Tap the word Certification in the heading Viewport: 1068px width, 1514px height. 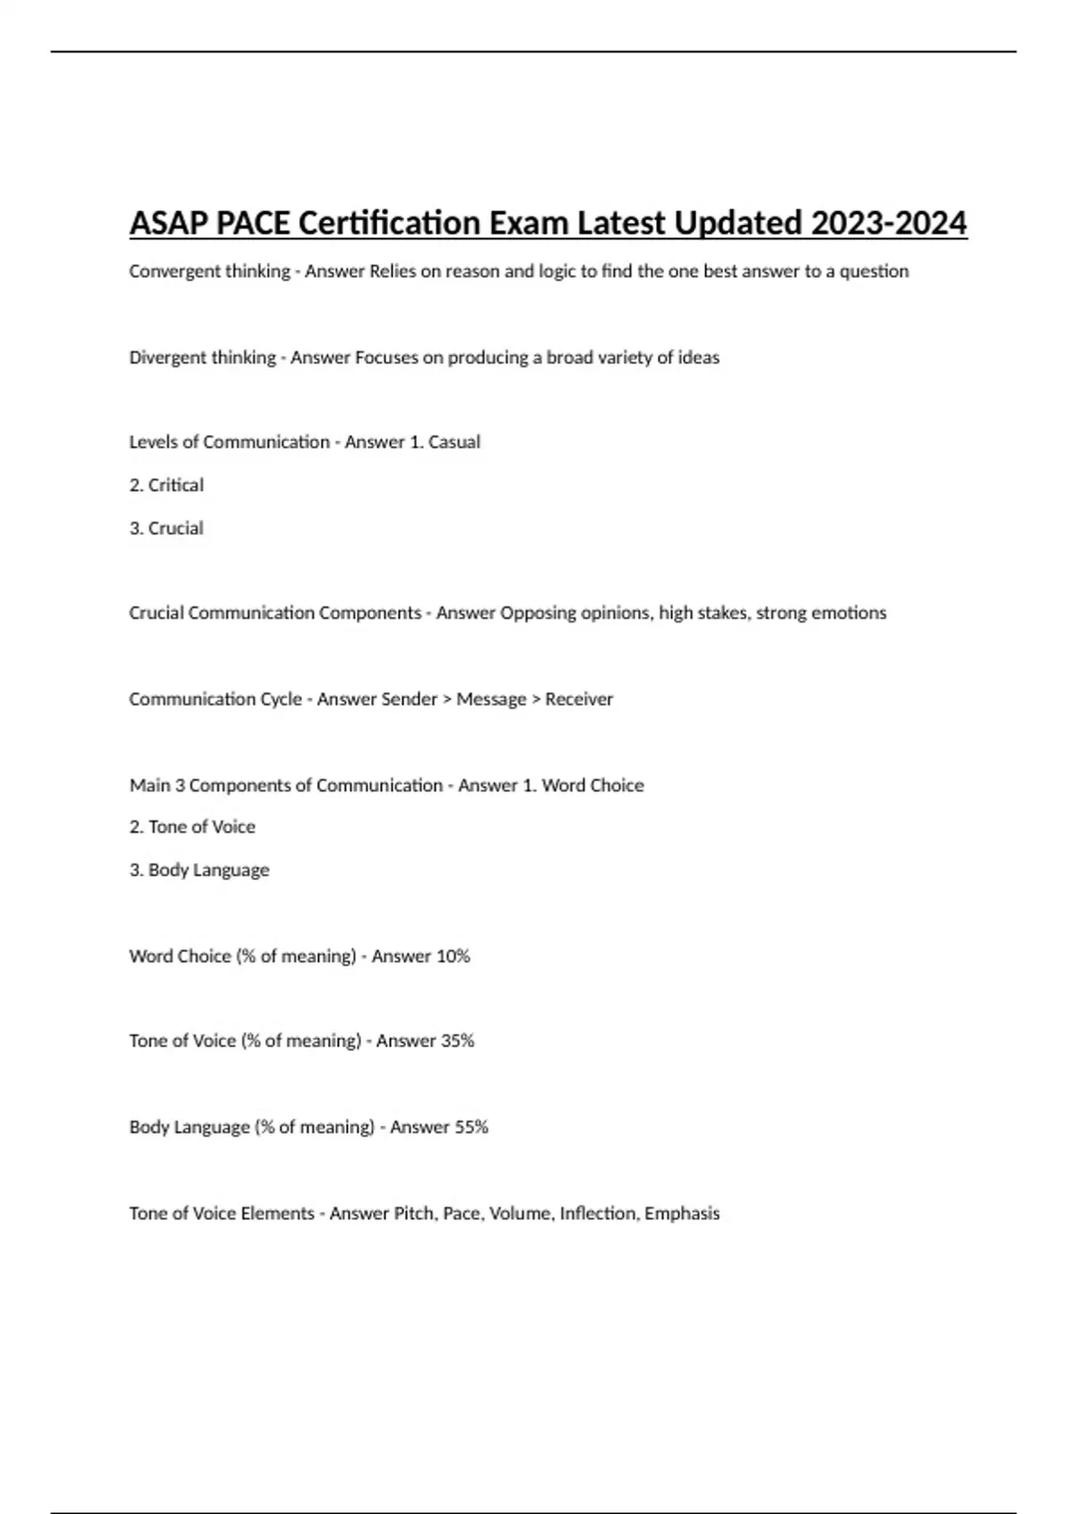(388, 223)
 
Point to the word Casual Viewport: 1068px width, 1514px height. (454, 442)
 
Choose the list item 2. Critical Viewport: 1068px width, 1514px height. (166, 485)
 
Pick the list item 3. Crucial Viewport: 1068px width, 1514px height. (166, 528)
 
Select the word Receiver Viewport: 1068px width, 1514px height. (579, 699)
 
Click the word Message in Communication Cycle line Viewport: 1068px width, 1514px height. (491, 699)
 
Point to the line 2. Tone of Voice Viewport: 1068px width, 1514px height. (192, 826)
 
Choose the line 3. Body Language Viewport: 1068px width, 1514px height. (199, 870)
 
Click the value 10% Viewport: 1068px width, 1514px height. (452, 956)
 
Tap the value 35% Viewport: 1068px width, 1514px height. (457, 1041)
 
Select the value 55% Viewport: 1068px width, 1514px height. (471, 1127)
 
